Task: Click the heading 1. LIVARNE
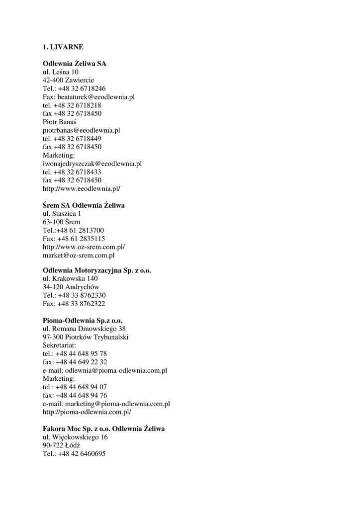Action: [63, 47]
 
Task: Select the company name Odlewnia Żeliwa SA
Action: [75, 64]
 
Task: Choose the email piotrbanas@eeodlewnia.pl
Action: [82, 130]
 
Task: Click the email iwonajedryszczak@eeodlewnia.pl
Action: [92, 164]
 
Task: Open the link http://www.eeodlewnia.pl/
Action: [82, 188]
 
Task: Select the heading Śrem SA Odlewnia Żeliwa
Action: [84, 205]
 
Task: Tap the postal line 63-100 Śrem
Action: [62, 222]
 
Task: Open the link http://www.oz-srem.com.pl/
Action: [84, 247]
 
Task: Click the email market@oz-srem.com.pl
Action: [79, 255]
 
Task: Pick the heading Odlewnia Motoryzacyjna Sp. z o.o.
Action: [97, 270]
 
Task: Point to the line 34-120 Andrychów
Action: [71, 287]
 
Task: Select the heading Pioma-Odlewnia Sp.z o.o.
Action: [83, 321]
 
